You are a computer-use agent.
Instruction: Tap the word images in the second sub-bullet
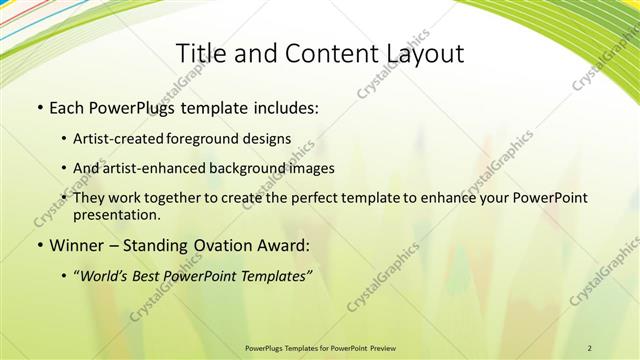tap(310, 168)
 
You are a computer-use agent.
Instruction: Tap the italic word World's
tap(109, 276)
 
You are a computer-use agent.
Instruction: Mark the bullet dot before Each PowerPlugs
tap(38, 107)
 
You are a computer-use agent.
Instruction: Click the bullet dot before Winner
tap(38, 246)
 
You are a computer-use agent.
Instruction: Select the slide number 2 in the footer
tap(590, 347)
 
